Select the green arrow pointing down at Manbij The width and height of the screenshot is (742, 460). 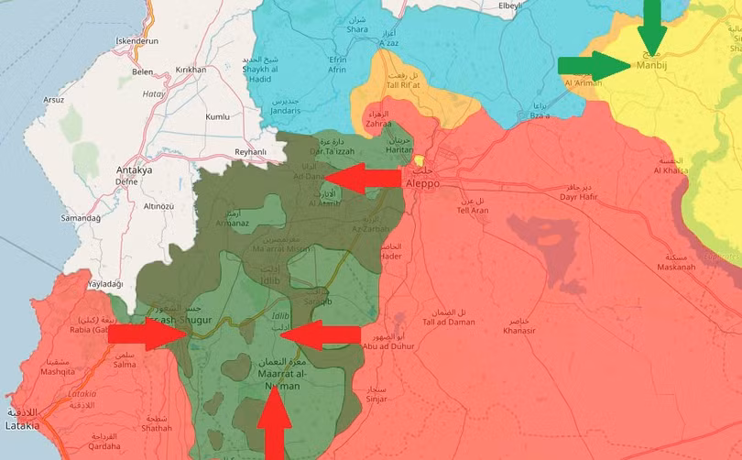651,25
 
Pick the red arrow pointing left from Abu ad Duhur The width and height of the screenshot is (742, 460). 321,334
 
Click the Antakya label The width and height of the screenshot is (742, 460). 134,170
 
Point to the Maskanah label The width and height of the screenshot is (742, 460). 676,267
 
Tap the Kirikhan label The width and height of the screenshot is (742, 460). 191,70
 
